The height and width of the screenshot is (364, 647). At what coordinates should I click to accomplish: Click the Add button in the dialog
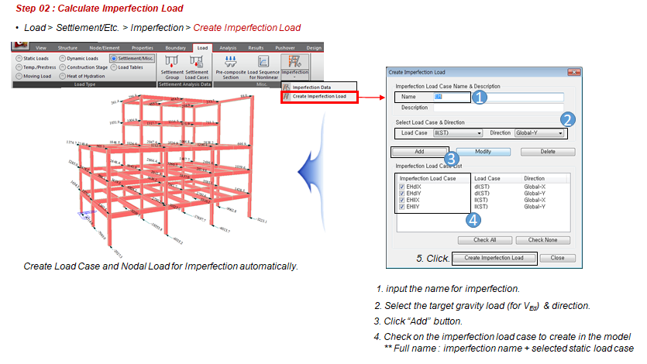[x=418, y=152]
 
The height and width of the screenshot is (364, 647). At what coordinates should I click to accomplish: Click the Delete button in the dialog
[x=547, y=152]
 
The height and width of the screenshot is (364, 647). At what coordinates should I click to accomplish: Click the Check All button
[x=485, y=240]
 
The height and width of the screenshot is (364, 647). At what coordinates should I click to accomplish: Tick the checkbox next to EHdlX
[x=401, y=187]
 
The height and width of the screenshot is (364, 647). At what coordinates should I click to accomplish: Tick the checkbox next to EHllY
[x=401, y=208]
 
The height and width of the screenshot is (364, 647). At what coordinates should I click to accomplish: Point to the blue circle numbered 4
[x=474, y=219]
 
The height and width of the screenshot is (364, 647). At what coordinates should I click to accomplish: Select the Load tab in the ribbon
[x=203, y=48]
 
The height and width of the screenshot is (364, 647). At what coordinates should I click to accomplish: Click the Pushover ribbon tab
[x=285, y=48]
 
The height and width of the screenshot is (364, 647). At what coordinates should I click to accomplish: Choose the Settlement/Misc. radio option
[x=114, y=58]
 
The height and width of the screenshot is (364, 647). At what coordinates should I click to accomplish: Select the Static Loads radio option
[x=17, y=58]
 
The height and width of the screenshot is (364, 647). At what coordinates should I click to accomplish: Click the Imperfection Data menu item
[x=311, y=88]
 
